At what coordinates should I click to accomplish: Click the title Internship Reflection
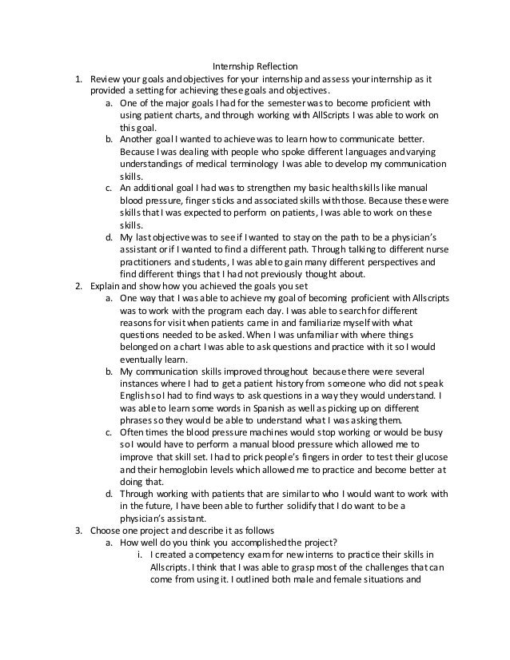(x=254, y=66)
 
